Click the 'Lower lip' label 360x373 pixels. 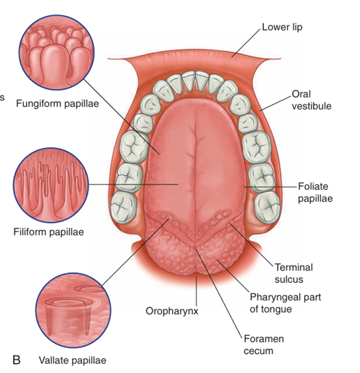282,26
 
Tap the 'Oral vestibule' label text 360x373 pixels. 311,100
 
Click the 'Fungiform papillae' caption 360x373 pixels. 58,103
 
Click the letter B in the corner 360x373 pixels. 16,360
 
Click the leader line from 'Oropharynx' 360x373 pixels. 197,292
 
